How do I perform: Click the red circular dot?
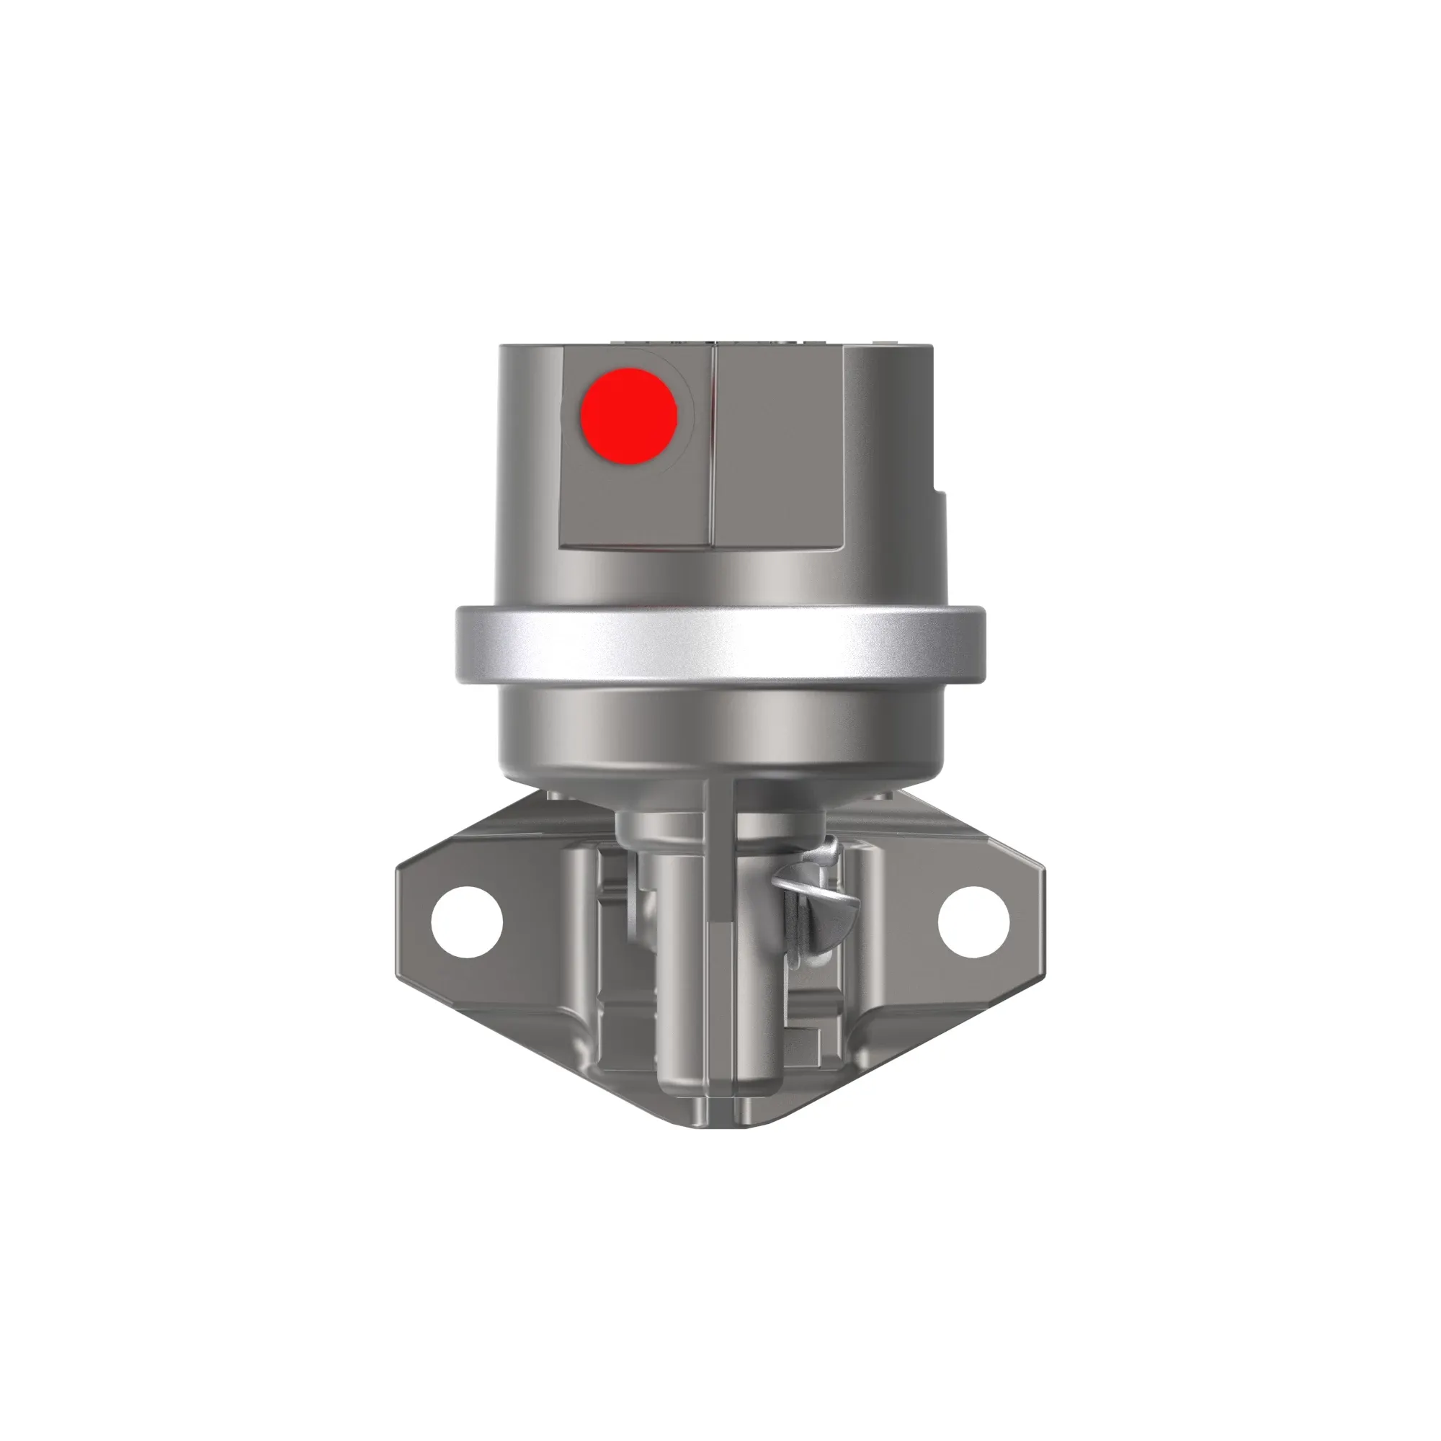[x=629, y=416]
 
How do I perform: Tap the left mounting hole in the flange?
[x=466, y=920]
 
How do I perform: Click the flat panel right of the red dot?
[x=780, y=447]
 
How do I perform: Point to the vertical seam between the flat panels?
[x=713, y=447]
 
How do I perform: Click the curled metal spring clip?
[x=817, y=892]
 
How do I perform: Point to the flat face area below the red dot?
[x=634, y=507]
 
